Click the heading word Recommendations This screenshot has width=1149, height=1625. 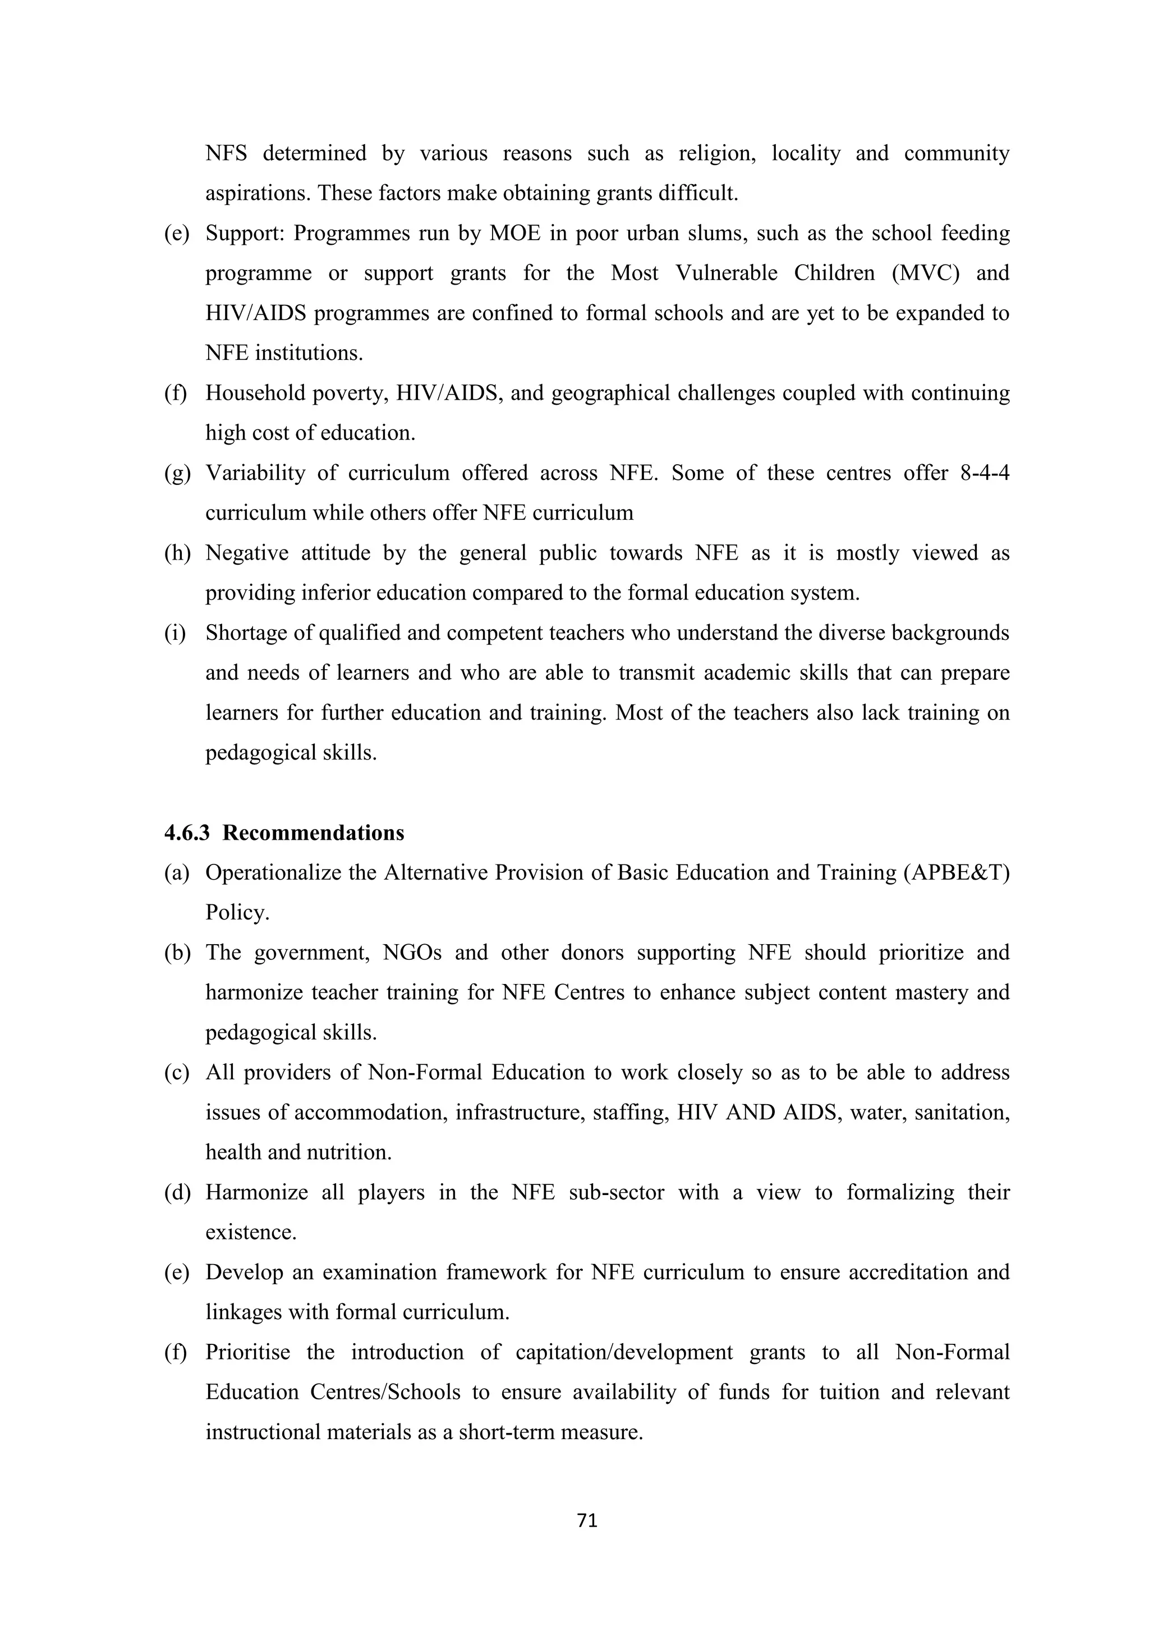click(314, 832)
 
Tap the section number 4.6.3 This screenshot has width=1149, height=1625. click(187, 832)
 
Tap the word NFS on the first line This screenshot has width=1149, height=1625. click(226, 153)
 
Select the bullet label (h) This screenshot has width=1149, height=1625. click(177, 553)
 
